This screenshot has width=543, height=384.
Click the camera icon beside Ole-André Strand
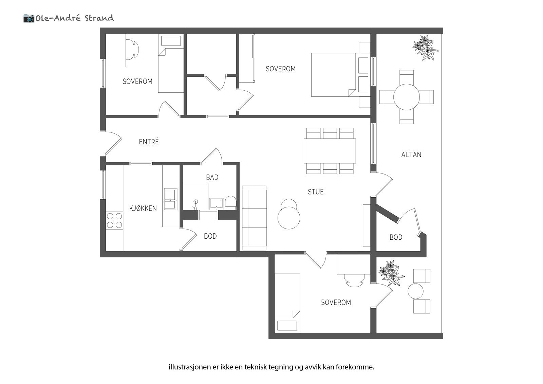pos(29,18)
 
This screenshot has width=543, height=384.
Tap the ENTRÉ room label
pos(149,142)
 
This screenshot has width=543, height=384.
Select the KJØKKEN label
pos(143,208)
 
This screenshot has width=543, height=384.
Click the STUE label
pos(316,192)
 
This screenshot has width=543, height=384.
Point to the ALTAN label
pos(411,155)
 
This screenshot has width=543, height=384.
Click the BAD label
pos(212,177)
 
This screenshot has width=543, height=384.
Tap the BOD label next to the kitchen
pos(210,236)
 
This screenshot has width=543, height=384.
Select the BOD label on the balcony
pos(396,237)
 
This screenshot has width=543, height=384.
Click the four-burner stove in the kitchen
pos(114,220)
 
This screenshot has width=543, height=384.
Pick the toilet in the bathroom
pos(231,202)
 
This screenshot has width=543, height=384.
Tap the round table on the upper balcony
pos(406,97)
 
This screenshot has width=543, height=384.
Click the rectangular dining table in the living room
pos(330,151)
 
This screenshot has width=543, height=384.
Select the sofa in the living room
pos(254,218)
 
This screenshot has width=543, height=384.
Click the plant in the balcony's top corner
pos(425,48)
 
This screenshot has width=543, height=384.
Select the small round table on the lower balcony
pos(415,291)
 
